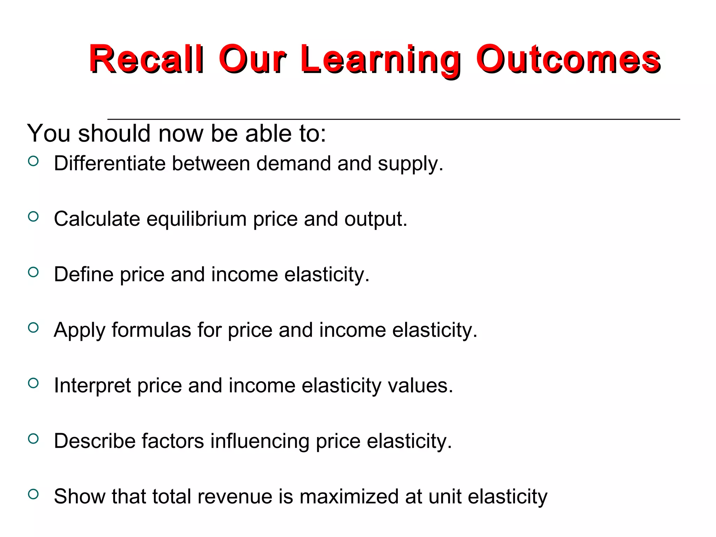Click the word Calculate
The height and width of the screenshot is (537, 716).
pyautogui.click(x=97, y=219)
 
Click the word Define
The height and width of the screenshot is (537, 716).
pyautogui.click(x=84, y=274)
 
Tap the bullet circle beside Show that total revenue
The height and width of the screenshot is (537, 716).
pyautogui.click(x=33, y=494)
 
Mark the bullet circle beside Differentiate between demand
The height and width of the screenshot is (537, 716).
pyautogui.click(x=33, y=161)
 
